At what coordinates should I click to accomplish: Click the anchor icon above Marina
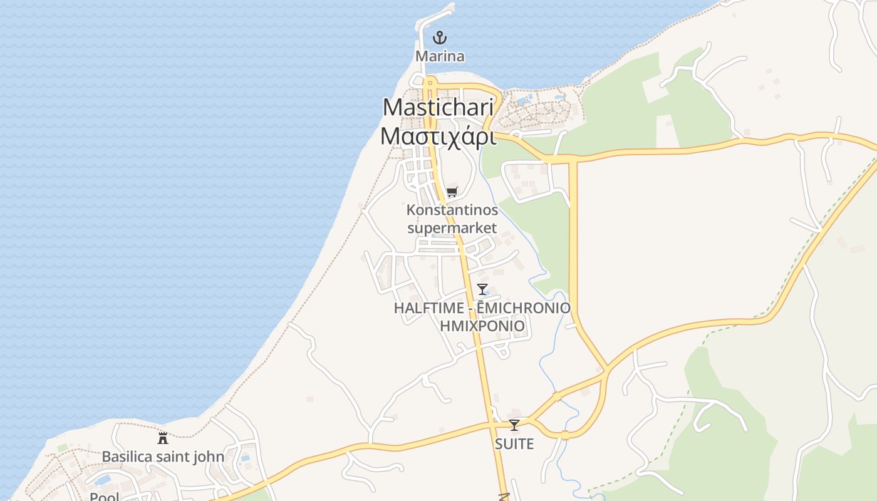440,38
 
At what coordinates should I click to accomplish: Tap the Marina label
440,56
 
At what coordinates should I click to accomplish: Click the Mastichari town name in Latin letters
438,107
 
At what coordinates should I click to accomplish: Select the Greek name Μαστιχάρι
438,136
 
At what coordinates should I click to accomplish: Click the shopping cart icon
452,192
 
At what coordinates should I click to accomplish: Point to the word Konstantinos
452,210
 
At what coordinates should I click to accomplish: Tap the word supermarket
452,227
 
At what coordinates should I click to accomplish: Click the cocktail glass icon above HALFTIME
482,289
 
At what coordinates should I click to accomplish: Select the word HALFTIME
429,308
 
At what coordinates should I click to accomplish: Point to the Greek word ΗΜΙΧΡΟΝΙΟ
482,326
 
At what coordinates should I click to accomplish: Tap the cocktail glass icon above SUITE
514,425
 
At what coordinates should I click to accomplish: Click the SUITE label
514,444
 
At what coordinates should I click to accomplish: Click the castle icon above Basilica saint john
163,438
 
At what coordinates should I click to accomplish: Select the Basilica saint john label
163,457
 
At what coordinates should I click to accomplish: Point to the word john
210,457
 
